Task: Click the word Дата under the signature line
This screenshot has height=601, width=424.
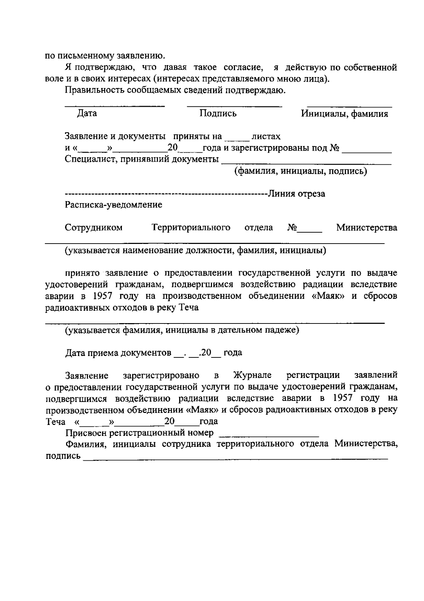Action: click(87, 113)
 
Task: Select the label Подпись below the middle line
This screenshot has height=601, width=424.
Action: click(218, 113)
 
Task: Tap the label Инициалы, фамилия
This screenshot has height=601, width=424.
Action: click(344, 114)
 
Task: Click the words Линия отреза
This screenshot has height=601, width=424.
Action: click(296, 194)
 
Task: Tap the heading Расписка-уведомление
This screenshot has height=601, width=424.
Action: click(113, 205)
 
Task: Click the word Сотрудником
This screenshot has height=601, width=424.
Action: click(94, 227)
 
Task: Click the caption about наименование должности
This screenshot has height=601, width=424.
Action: click(195, 251)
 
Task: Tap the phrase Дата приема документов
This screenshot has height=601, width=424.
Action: click(118, 353)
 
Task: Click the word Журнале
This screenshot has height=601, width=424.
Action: click(252, 375)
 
